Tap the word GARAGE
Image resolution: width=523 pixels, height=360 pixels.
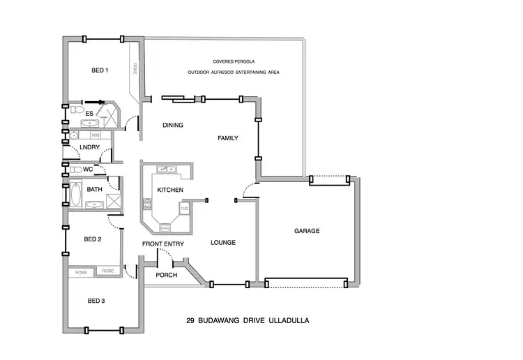pos(307,231)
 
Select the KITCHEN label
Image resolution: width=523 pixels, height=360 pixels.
pos(169,190)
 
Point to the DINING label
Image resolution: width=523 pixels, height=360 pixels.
pos(172,126)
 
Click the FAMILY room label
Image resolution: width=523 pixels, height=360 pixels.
pos(228,138)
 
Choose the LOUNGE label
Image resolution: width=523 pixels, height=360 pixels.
pos(223,243)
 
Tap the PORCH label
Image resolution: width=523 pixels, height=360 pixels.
pos(167,275)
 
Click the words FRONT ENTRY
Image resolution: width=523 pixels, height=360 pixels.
pos(163,244)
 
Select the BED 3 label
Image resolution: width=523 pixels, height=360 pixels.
pos(96,301)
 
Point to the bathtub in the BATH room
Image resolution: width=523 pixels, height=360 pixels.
pos(76,193)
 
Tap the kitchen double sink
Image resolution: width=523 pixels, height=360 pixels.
pos(167,169)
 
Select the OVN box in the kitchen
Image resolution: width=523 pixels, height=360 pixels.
pos(165,227)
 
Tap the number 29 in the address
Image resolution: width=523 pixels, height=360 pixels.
pos(190,322)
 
